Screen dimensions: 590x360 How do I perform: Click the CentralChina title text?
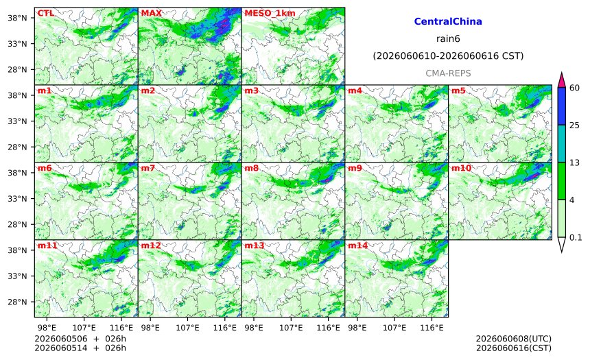448,21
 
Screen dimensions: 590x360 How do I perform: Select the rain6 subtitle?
448,39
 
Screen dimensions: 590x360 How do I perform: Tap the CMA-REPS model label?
448,73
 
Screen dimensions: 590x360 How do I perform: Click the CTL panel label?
45,13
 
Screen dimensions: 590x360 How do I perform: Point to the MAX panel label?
151,13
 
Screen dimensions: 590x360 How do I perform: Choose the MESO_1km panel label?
270,13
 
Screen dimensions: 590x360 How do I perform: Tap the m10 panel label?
461,168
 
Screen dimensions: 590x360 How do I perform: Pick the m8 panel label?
251,168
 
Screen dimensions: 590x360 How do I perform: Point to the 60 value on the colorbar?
574,88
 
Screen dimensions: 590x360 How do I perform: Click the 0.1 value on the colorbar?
576,238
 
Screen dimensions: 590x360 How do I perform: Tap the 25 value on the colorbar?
574,125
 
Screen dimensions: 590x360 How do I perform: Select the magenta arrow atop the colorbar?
561,80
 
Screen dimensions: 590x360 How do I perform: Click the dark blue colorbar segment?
561,106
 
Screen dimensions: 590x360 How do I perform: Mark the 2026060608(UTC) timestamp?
514,339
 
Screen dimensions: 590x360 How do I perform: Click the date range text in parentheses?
448,56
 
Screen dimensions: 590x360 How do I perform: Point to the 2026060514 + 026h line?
80,348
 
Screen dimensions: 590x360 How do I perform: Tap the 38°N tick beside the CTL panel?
17,18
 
